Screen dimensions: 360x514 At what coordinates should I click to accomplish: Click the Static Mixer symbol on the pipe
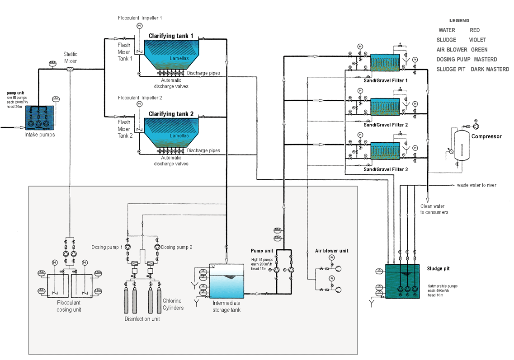point(70,69)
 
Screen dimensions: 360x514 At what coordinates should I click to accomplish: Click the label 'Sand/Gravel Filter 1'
point(386,80)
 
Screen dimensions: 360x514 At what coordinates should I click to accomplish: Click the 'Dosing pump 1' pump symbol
point(127,247)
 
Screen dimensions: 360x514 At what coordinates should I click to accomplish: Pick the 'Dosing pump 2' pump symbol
point(157,247)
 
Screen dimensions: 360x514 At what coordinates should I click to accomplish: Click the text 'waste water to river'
point(476,185)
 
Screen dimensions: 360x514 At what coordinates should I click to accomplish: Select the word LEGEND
point(459,21)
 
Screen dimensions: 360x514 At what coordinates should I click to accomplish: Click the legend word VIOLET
point(477,40)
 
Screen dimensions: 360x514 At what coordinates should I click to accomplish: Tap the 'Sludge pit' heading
point(438,269)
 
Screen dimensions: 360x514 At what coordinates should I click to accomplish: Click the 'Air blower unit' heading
point(332,251)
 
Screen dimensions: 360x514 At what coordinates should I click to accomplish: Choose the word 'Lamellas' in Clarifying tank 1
point(179,58)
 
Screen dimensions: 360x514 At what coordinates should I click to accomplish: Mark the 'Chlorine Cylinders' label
point(173,304)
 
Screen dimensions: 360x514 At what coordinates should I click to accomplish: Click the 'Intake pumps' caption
point(40,135)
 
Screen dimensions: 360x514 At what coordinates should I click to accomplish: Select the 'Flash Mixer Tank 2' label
point(124,129)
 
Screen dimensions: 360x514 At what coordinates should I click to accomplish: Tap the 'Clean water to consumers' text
point(434,209)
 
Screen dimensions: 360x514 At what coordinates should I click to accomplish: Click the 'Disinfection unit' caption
point(142,319)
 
